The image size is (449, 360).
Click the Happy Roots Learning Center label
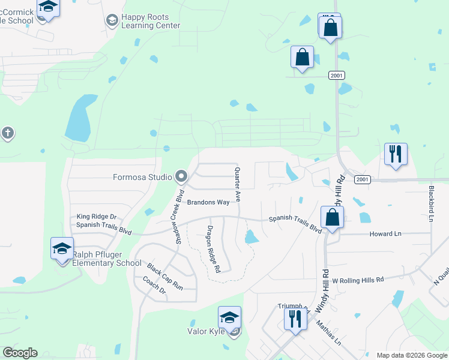[x=151, y=22]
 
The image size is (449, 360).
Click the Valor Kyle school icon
[x=229, y=317]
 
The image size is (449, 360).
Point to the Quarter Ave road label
[x=237, y=184]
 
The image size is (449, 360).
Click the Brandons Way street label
[x=208, y=203]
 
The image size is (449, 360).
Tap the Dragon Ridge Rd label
[x=214, y=248]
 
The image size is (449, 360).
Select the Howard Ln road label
[x=385, y=234]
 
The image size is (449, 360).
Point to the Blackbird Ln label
[x=431, y=203]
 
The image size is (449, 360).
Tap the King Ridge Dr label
[x=96, y=217]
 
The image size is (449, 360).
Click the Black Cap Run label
[x=164, y=277]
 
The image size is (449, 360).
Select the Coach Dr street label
[x=154, y=285]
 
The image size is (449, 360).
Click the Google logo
[x=20, y=353]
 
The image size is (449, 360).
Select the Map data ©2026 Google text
[x=412, y=355]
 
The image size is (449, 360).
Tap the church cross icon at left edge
[x=7, y=133]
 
